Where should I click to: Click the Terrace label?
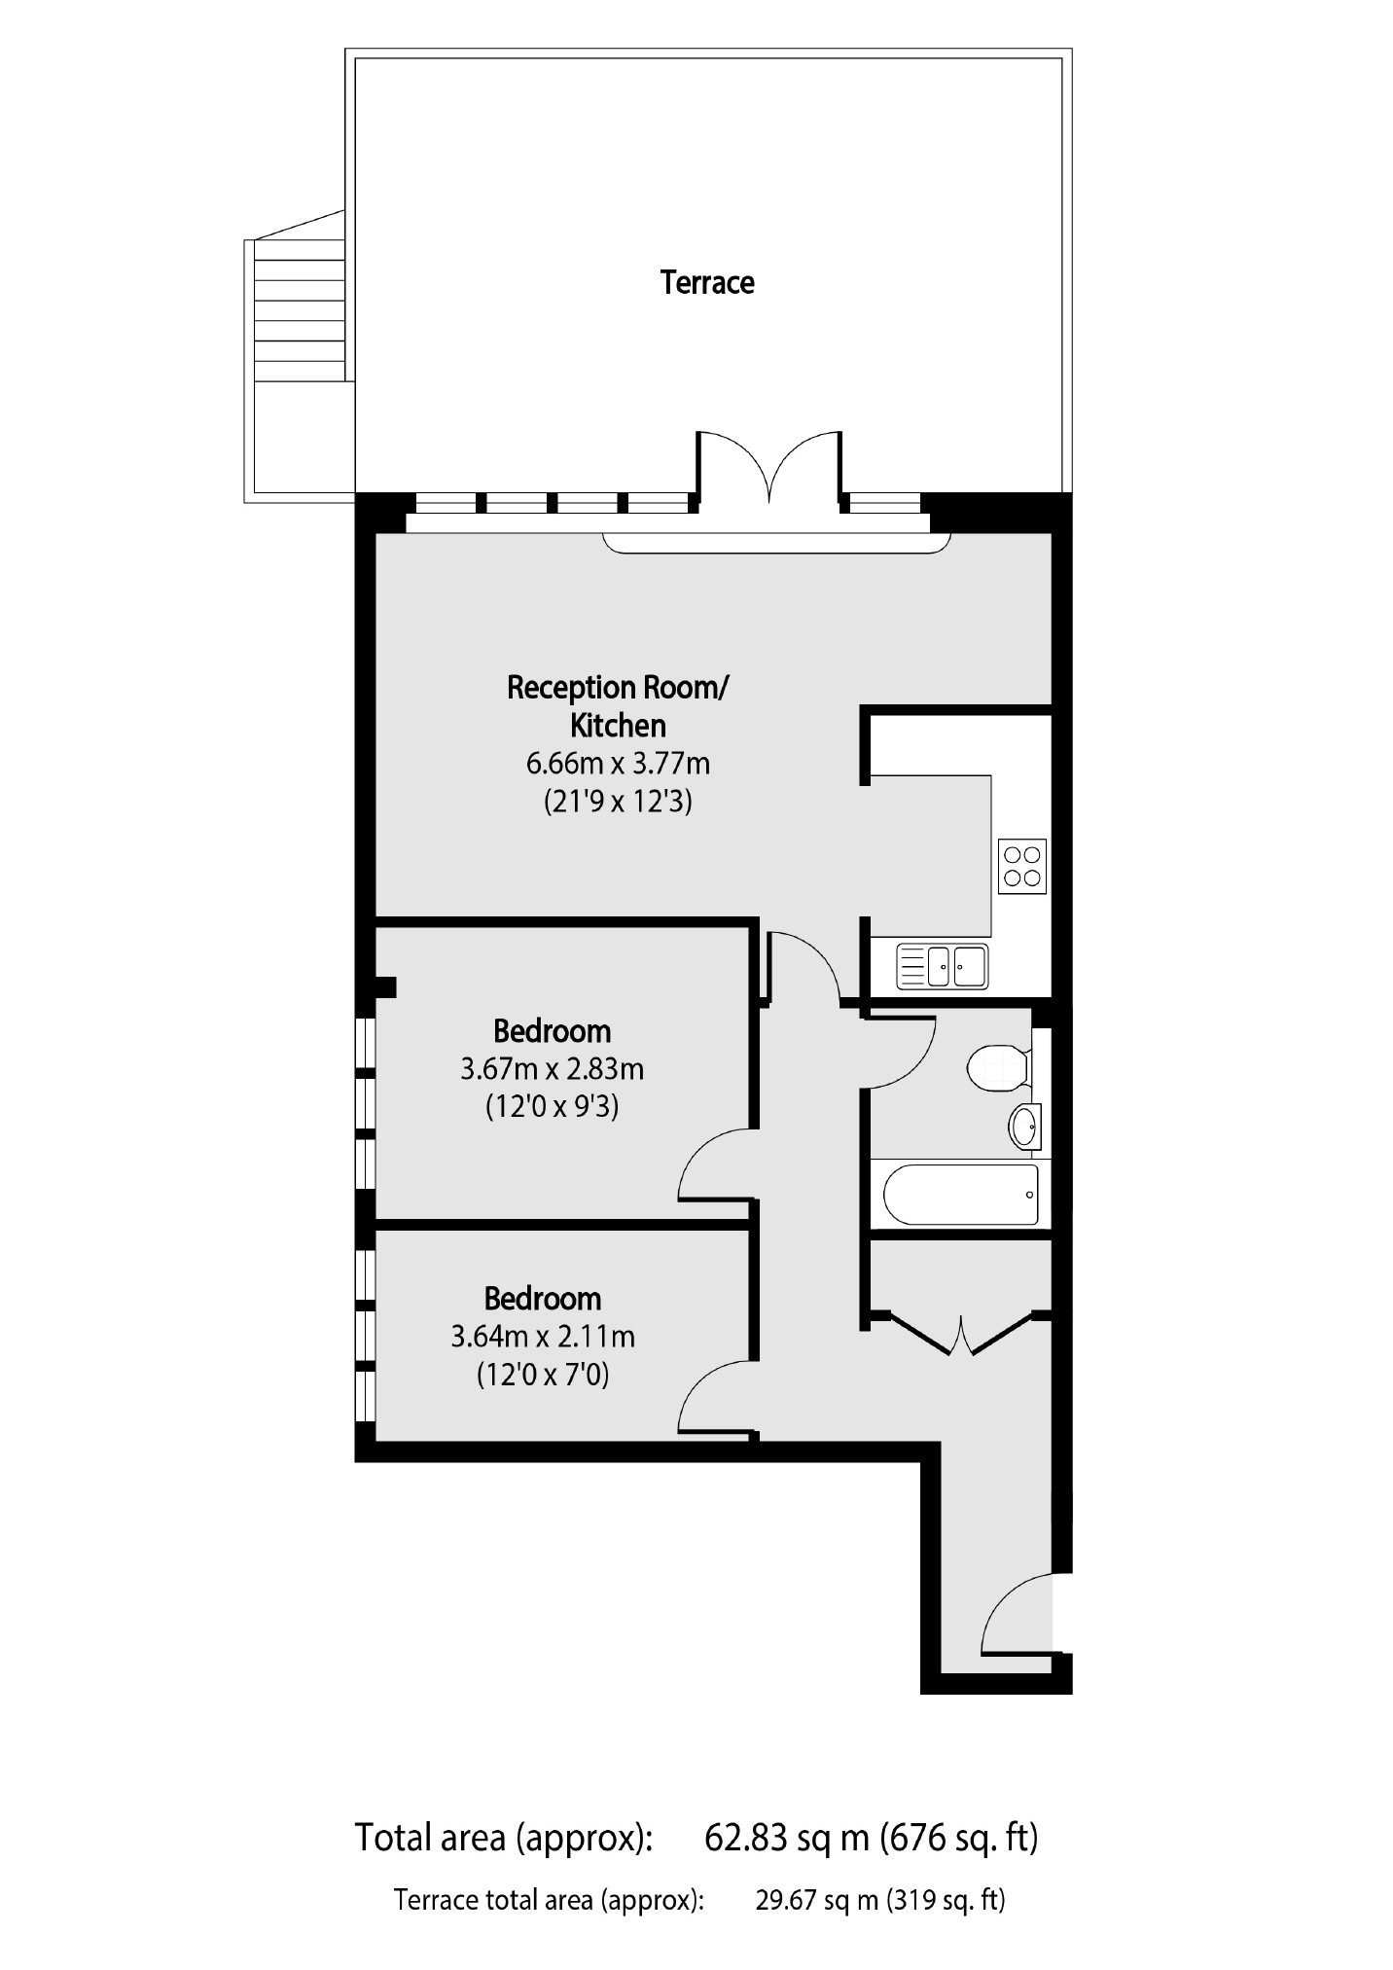(x=707, y=282)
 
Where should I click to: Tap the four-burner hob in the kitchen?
(x=1022, y=866)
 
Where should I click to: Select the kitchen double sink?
(x=942, y=966)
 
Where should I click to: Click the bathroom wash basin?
(x=1024, y=1127)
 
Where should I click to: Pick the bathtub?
(x=961, y=1194)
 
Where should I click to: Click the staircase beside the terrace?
(x=298, y=311)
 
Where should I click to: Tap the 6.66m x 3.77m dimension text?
(x=618, y=764)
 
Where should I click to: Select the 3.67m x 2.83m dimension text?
(x=552, y=1069)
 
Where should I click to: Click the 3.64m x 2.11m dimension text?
(x=543, y=1337)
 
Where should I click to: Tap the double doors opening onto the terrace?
(x=768, y=467)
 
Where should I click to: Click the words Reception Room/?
(x=618, y=688)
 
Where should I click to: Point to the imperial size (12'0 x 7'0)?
(x=543, y=1376)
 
